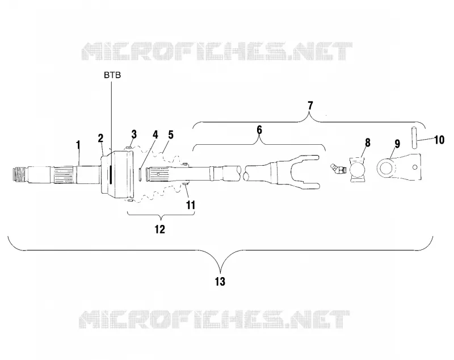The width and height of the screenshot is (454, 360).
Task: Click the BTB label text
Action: (112, 76)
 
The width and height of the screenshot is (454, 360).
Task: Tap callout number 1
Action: (78, 145)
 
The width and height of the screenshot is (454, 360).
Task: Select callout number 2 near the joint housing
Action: (100, 139)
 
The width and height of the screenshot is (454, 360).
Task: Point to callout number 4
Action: (155, 135)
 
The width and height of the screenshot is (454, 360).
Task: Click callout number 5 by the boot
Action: (171, 135)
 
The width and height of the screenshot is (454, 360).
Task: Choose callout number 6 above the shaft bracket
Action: (259, 130)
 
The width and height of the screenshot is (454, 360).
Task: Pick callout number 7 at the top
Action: (310, 106)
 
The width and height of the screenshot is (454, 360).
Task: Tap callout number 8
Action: (367, 143)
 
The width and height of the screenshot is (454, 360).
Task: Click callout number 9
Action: (397, 144)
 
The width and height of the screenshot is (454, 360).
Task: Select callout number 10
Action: (439, 140)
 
